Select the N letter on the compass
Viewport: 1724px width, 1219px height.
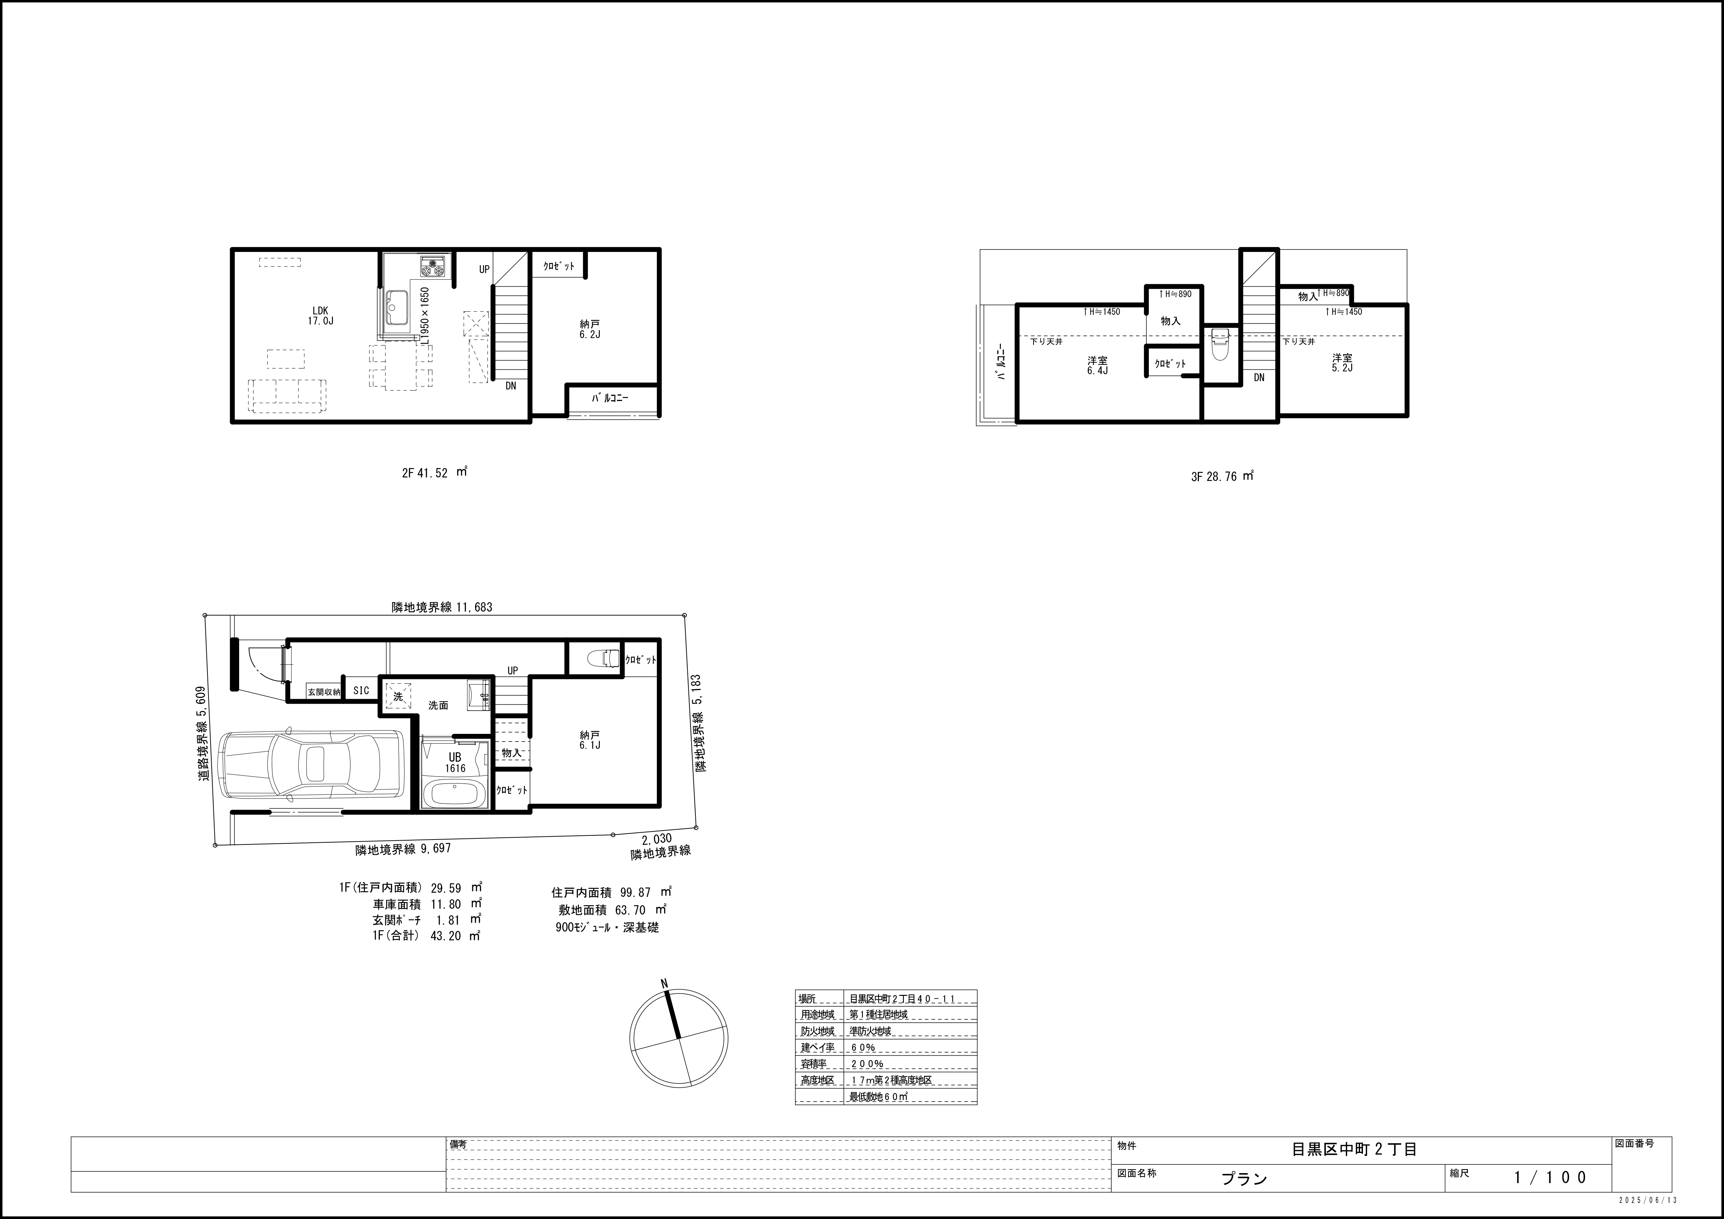point(664,983)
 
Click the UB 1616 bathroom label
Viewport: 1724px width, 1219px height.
point(455,763)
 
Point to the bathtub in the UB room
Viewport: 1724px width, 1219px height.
point(454,793)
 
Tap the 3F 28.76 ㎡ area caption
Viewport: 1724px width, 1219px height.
point(1223,476)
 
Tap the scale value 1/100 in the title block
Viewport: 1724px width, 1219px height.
point(1551,1177)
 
